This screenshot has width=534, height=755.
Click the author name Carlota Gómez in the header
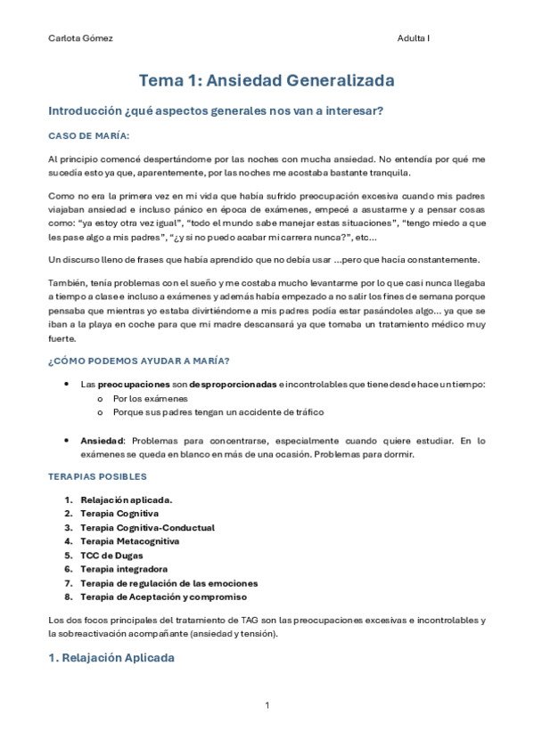click(80, 38)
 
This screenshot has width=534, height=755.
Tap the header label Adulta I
click(414, 38)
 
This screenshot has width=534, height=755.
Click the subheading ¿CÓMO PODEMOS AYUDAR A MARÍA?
click(138, 360)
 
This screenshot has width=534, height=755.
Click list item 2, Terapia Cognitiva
click(119, 514)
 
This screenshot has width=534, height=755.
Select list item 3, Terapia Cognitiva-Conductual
click(147, 527)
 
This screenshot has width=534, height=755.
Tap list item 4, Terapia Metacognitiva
click(129, 540)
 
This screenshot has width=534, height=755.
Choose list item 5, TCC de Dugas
click(111, 555)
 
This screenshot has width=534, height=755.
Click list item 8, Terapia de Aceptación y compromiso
click(163, 596)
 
